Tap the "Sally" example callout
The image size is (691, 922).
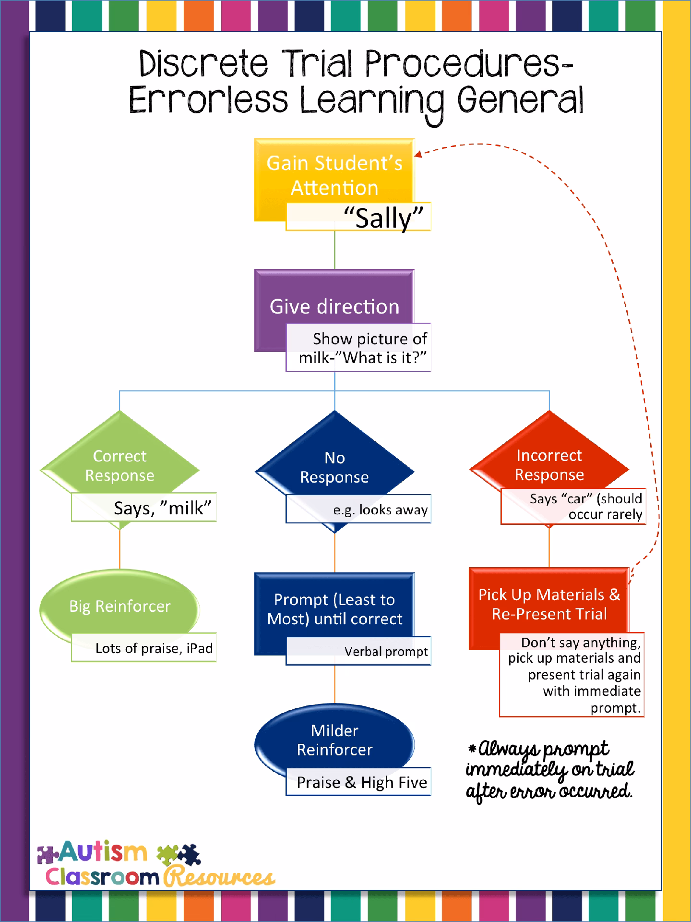358,217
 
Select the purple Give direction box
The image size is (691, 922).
334,305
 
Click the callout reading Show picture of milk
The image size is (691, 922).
358,348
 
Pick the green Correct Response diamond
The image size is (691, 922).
119,464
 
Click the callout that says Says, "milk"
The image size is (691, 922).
144,508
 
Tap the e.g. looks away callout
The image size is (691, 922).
358,510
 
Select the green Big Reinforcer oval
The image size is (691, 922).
119,606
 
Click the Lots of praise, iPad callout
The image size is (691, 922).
144,648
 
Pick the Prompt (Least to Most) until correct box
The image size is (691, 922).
334,608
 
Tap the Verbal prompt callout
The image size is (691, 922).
358,651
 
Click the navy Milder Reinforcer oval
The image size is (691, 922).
334,740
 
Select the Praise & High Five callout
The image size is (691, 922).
358,782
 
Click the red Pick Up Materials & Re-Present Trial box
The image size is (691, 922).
549,603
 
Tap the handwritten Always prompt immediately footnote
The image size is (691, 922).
550,770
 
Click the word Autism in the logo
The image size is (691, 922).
103,852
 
